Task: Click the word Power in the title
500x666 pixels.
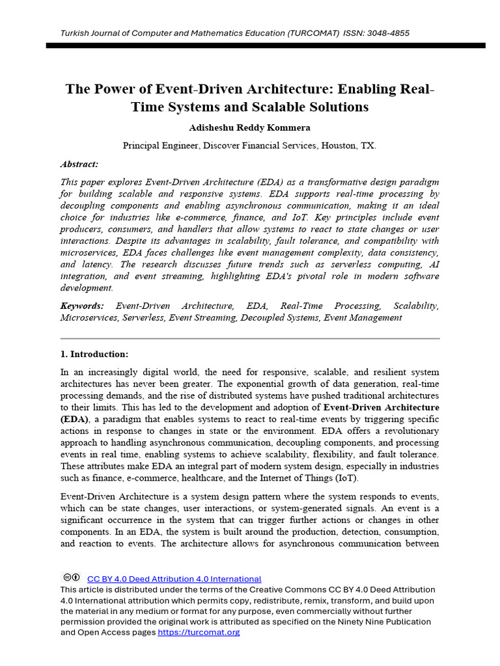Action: (x=112, y=89)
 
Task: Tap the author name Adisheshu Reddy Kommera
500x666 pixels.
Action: (x=249, y=127)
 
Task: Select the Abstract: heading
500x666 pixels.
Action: (x=79, y=165)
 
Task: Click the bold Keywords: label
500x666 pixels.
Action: (x=81, y=306)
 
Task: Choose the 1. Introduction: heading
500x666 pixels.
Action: (x=94, y=354)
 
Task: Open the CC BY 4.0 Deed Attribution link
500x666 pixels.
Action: (x=174, y=579)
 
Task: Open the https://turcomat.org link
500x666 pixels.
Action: (x=199, y=632)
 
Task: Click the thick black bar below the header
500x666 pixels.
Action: (x=266, y=46)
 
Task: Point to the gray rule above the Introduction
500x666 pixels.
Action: (x=250, y=339)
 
